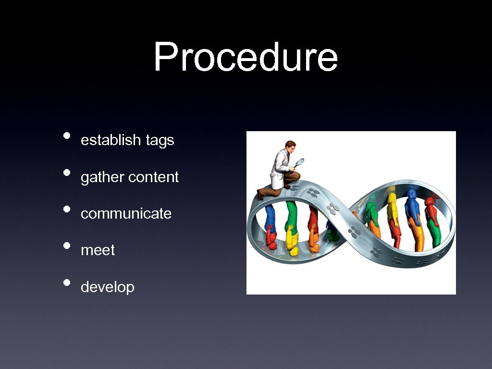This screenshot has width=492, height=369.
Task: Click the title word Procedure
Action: pos(246,57)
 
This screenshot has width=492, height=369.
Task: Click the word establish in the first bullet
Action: pos(111,140)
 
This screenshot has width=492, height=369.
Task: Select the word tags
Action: pos(160,141)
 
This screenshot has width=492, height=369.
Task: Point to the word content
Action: pos(153,177)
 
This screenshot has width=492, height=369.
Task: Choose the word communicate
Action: pos(126,214)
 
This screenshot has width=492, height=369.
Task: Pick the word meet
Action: pos(98,250)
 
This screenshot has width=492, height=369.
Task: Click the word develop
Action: pos(107,287)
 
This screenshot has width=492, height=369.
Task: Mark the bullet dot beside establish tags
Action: pos(67,135)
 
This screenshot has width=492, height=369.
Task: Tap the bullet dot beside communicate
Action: pos(67,209)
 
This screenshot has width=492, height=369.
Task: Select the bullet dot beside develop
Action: pos(67,282)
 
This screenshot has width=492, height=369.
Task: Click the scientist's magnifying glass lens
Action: pos(299,162)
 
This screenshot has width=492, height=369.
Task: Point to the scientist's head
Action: pos(290,145)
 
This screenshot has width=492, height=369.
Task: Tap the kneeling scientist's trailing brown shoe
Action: pos(260,194)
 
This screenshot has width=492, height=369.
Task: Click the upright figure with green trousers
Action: pos(433,226)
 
